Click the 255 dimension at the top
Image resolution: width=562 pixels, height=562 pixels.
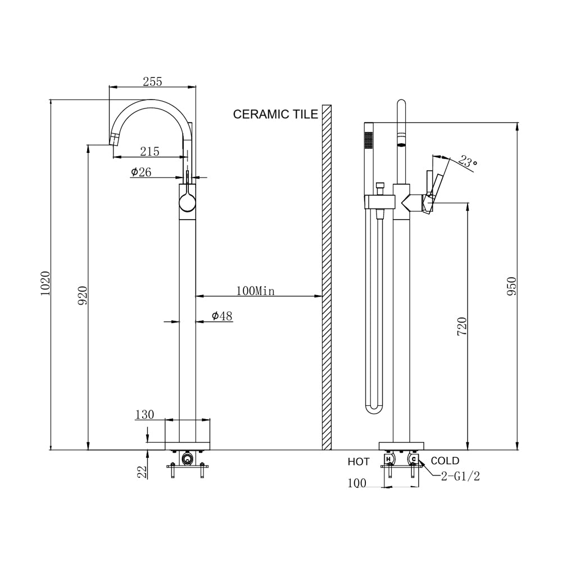coord(152,81)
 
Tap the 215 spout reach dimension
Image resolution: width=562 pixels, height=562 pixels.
coord(149,151)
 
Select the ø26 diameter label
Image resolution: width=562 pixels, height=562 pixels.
coord(141,173)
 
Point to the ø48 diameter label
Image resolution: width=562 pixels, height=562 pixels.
coord(222,316)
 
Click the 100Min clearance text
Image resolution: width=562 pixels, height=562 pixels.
coord(255,291)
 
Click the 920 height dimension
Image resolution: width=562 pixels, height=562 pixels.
coord(82,295)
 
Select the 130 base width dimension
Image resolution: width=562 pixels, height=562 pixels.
coord(144,415)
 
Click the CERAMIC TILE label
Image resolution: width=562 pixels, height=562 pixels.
coord(275,115)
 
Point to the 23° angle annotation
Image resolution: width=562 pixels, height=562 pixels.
coord(467,162)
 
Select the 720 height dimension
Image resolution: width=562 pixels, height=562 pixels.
coord(461,327)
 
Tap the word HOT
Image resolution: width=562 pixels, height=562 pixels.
coord(359,462)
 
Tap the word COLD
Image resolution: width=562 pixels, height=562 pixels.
coord(445,461)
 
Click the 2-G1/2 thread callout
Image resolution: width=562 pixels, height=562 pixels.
coord(460,477)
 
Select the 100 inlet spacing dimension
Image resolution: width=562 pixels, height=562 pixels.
coord(357,483)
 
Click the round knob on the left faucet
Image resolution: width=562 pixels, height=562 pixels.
coord(187,201)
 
